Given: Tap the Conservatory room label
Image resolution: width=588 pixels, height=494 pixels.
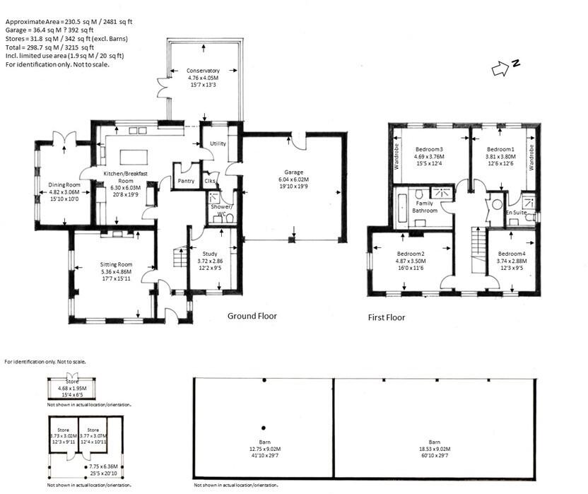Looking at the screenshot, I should (203, 71).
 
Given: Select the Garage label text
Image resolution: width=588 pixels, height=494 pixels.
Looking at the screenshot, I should (294, 172).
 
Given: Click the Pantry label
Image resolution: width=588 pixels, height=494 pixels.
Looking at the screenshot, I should (187, 181).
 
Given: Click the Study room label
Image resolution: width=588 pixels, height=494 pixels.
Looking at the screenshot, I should (210, 254).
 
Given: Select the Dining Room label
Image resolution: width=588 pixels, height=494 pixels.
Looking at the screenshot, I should (64, 184).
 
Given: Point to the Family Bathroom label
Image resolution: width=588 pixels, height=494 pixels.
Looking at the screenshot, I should (425, 206).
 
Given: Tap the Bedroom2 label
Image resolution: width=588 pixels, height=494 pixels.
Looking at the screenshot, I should (411, 254).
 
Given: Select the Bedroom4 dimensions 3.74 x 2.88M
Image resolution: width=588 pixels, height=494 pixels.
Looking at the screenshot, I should (511, 261).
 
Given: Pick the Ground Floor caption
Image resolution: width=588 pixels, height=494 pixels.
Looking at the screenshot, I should (252, 316).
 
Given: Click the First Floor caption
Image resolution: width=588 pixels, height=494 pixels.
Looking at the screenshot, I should (387, 318).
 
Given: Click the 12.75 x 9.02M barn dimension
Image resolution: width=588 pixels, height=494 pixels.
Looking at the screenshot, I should (264, 448).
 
